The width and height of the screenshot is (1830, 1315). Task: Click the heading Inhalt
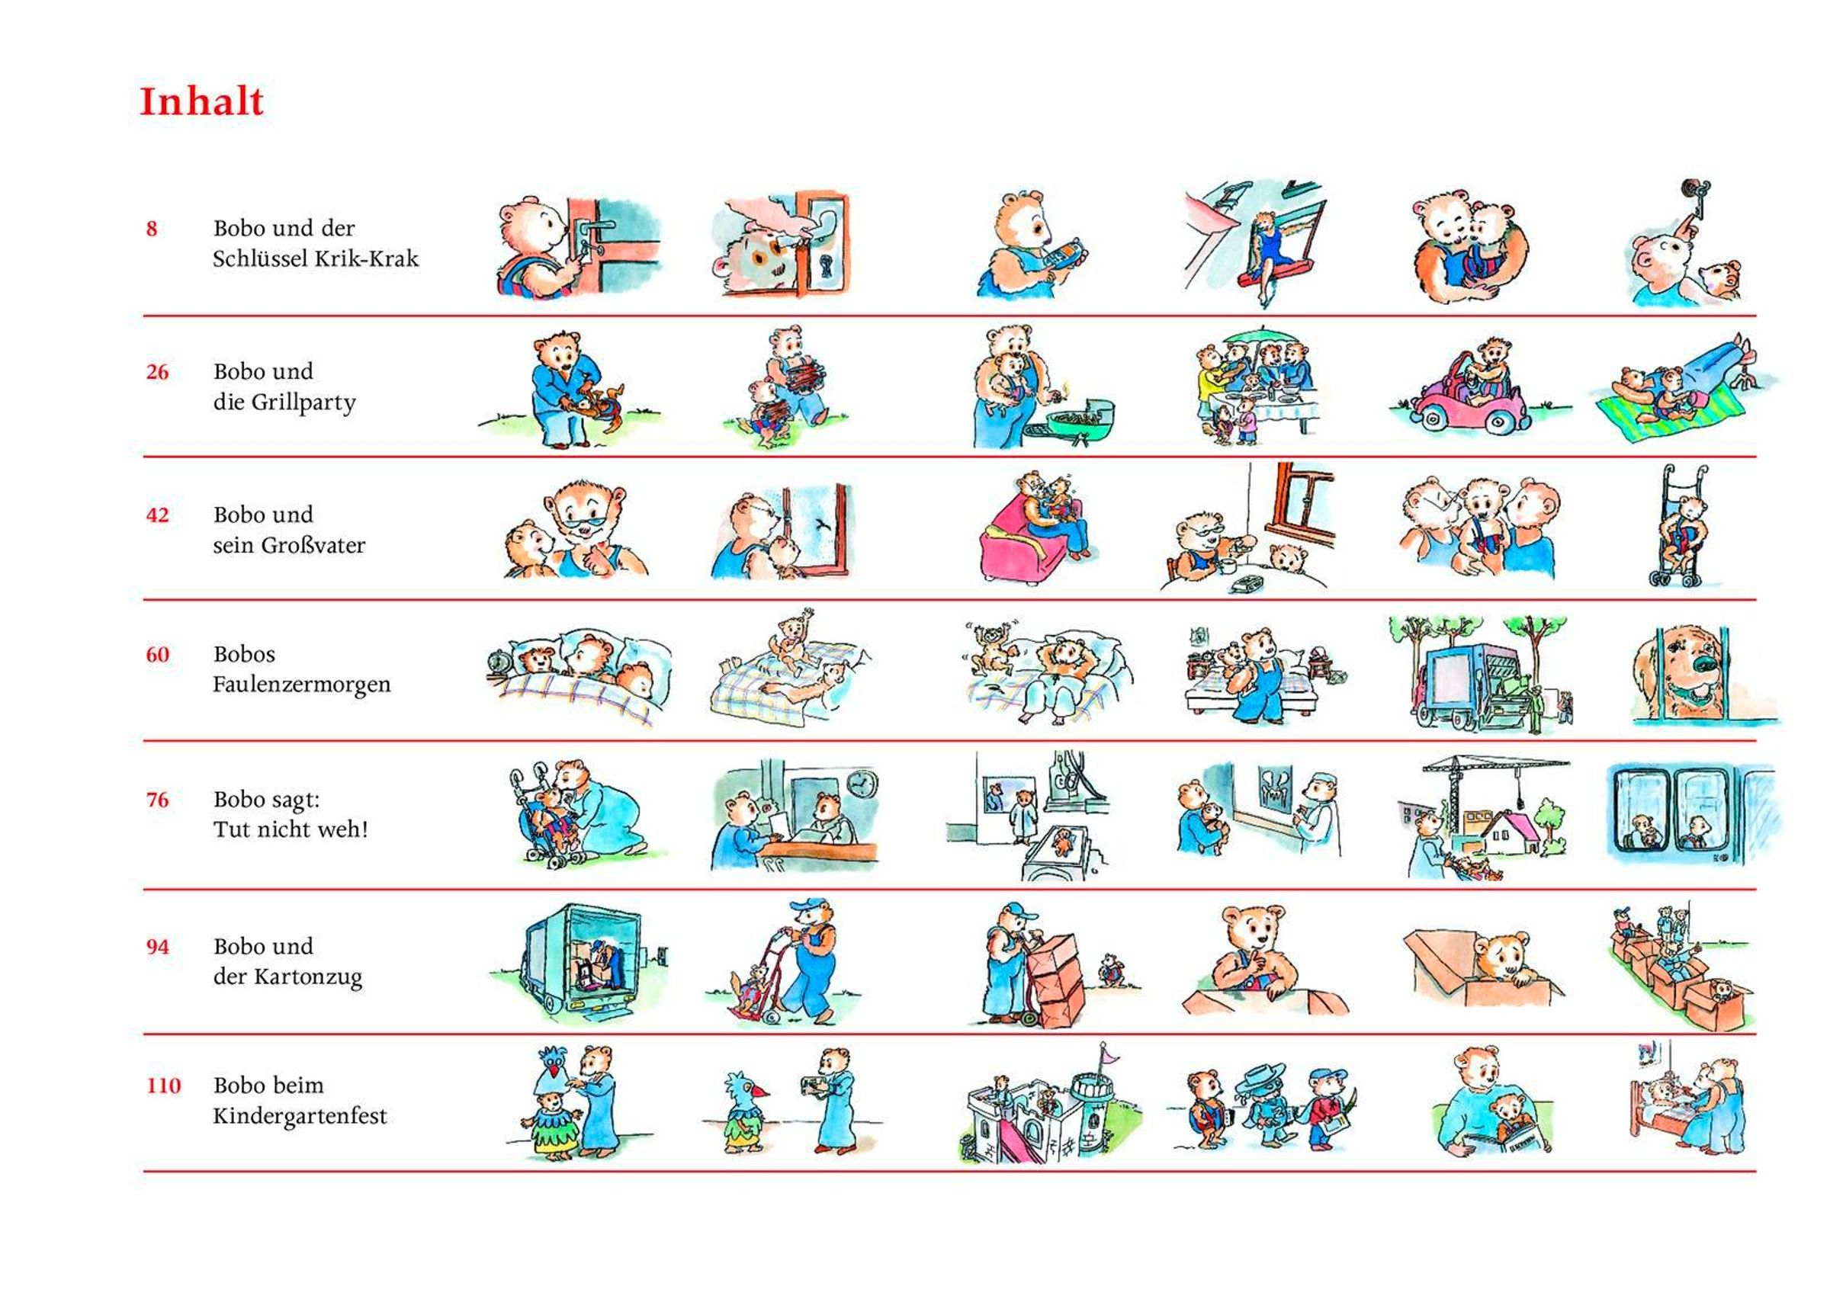202,101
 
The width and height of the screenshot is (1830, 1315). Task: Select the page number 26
157,372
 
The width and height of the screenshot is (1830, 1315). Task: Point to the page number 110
163,1085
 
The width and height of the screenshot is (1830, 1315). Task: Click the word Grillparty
307,403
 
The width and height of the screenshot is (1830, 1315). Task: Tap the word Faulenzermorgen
302,685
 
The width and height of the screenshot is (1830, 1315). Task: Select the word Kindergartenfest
300,1117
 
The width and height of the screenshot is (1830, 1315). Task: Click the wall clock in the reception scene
862,784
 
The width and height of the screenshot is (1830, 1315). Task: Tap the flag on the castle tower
1111,1054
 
